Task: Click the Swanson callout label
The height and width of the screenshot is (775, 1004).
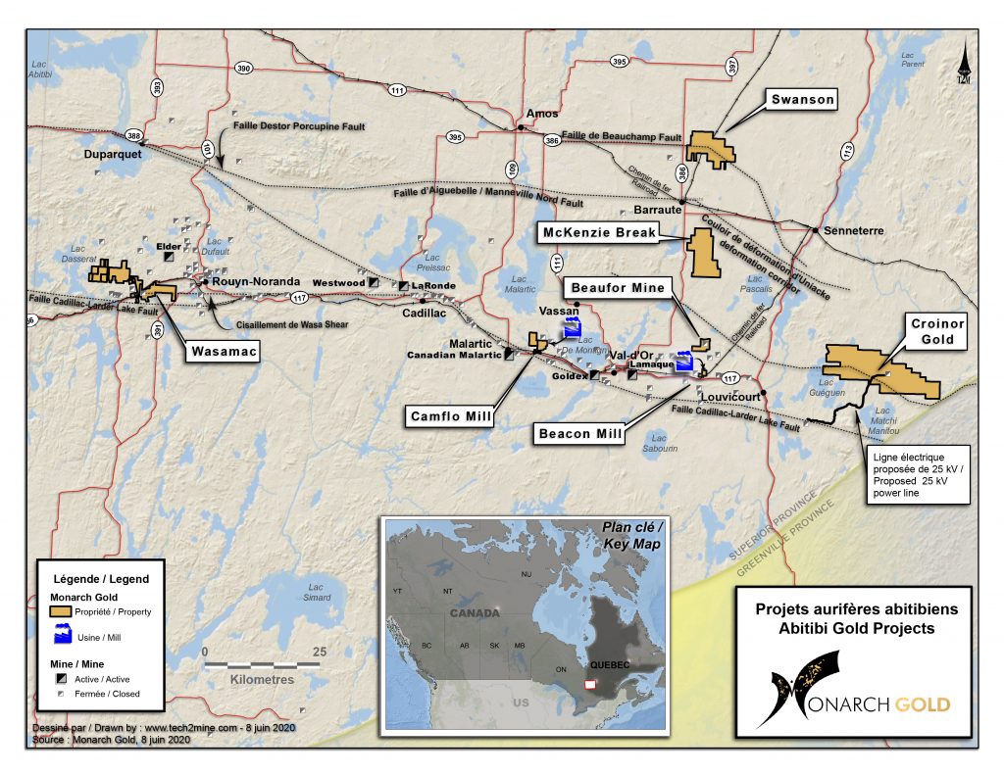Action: [802, 99]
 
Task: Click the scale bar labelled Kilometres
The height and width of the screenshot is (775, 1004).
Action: [262, 665]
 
